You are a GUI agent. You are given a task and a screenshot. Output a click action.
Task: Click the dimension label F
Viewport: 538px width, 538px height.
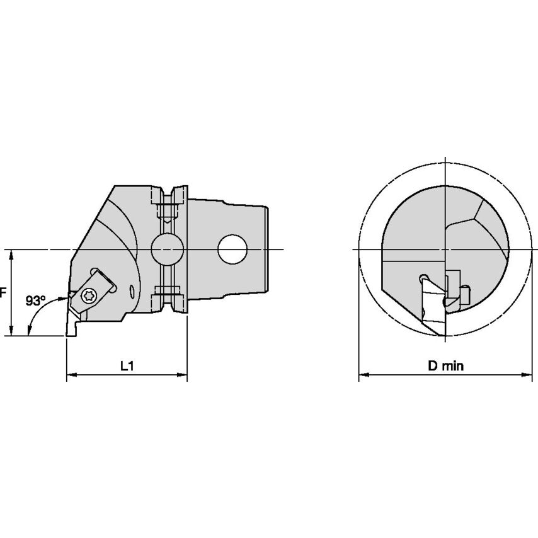click(x=3, y=293)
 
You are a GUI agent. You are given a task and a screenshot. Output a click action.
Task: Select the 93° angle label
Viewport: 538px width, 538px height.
click(x=36, y=300)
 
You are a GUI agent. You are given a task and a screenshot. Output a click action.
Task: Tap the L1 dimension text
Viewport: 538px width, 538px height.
click(x=127, y=365)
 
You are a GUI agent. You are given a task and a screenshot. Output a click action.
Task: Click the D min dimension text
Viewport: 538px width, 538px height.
click(x=445, y=366)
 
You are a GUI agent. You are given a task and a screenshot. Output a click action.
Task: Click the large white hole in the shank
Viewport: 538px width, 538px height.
click(x=232, y=249)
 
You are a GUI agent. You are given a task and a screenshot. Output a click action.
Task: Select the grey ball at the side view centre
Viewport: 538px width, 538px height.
click(x=166, y=249)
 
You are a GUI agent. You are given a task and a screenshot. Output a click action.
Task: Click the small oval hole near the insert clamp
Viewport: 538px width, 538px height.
click(x=131, y=290)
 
